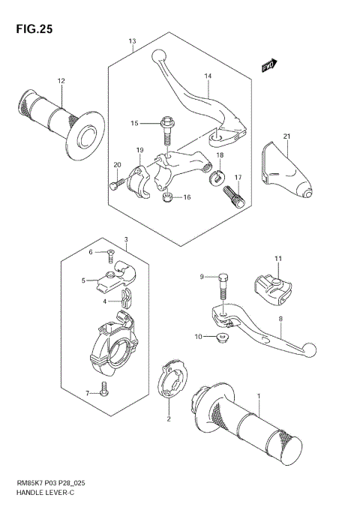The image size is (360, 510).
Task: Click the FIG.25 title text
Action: [32, 30]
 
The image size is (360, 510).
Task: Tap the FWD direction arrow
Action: [270, 67]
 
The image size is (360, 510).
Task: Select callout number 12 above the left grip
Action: [61, 80]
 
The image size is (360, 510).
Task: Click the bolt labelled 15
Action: [166, 129]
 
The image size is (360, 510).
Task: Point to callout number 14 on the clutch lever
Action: [207, 76]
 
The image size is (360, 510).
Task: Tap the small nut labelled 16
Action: [167, 196]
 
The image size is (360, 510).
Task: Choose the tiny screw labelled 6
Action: [110, 253]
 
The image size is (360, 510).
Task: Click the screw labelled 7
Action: [105, 390]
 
